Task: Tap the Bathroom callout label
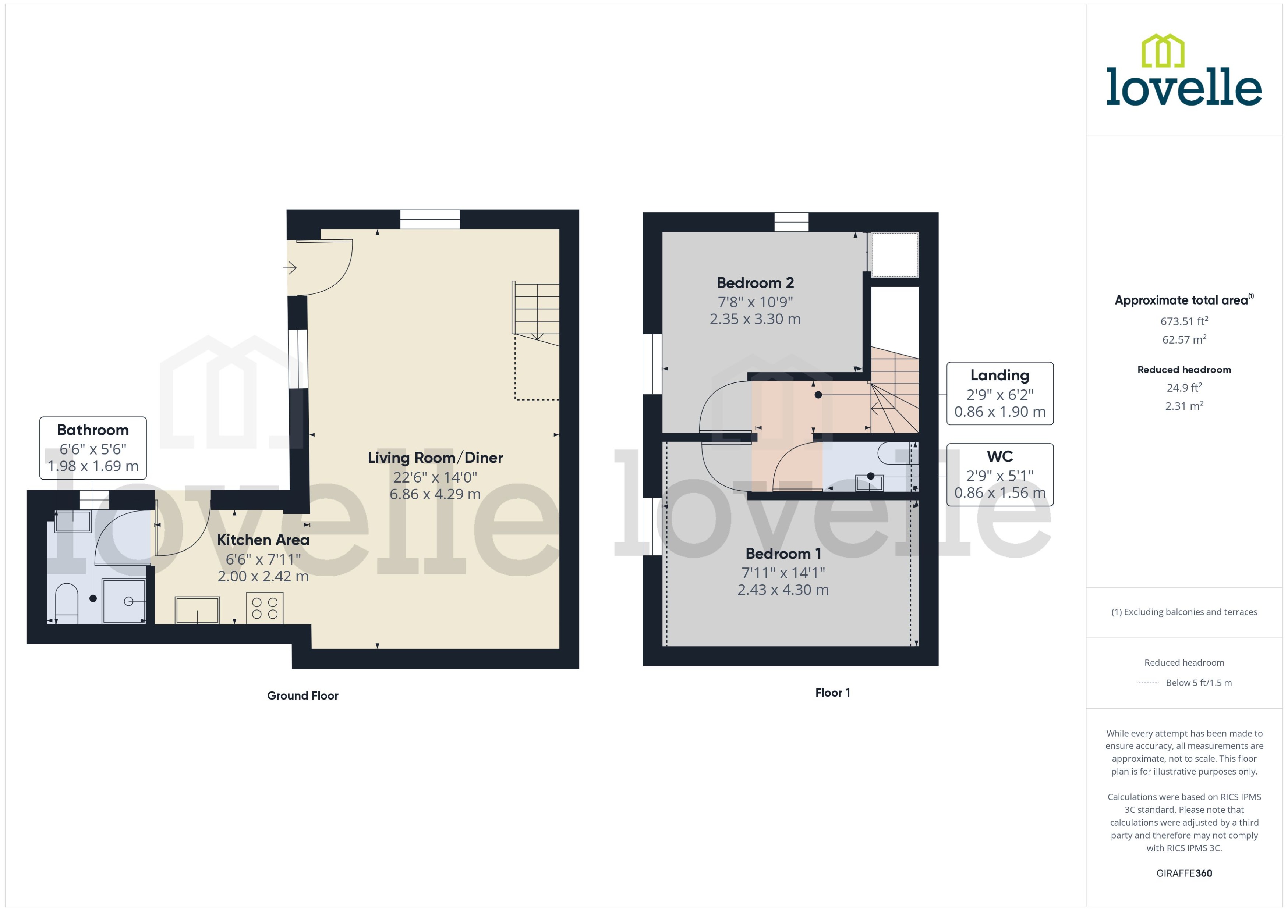pos(93,448)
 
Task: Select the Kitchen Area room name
pos(263,540)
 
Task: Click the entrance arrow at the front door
pos(290,268)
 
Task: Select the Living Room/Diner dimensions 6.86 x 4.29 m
pos(435,494)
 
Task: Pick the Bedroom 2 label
pos(755,283)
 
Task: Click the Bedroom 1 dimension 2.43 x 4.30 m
pos(783,590)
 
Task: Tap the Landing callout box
pos(999,393)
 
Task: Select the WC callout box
pos(999,474)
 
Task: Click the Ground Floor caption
pos(302,695)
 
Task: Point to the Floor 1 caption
pos(832,693)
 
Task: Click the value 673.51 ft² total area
pos(1183,321)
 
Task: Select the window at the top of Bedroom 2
pos(791,222)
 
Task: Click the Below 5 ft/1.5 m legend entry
pos(1198,683)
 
